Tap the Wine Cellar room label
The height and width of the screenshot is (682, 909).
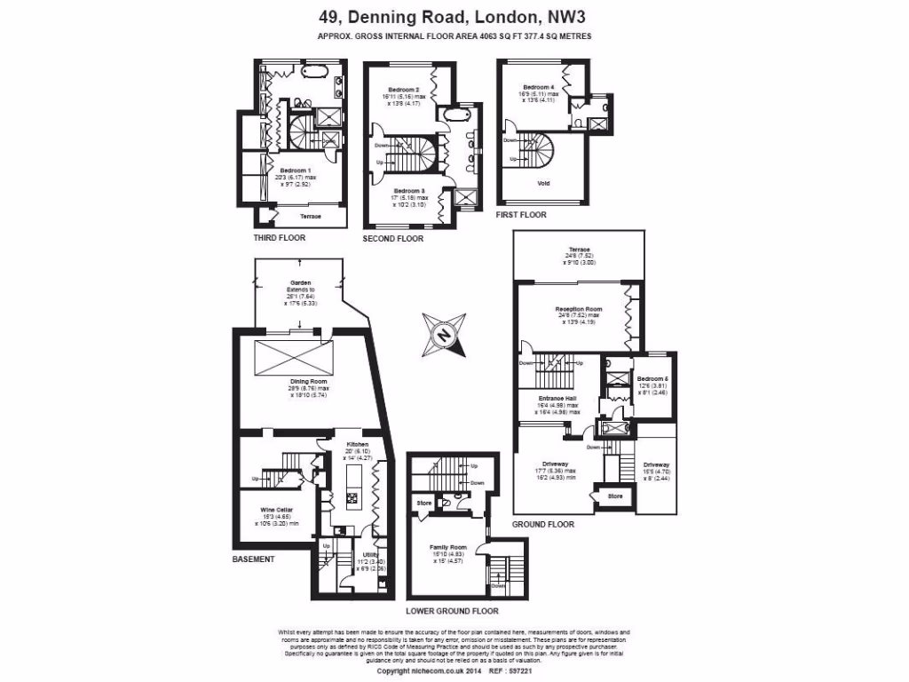click(273, 510)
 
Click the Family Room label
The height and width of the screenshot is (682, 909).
click(447, 547)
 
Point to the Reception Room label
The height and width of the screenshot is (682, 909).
click(573, 309)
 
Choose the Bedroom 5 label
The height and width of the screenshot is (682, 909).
click(652, 379)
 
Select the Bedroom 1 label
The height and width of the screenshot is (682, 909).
click(296, 170)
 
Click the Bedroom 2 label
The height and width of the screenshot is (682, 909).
click(404, 90)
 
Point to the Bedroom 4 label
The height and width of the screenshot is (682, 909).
click(540, 87)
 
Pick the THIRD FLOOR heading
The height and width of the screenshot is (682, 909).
click(279, 238)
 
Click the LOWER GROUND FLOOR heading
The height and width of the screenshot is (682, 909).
click(452, 611)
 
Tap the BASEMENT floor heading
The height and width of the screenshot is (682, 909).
click(253, 559)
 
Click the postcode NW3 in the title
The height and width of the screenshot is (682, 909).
click(567, 16)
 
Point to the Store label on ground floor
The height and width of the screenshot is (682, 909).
click(615, 496)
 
